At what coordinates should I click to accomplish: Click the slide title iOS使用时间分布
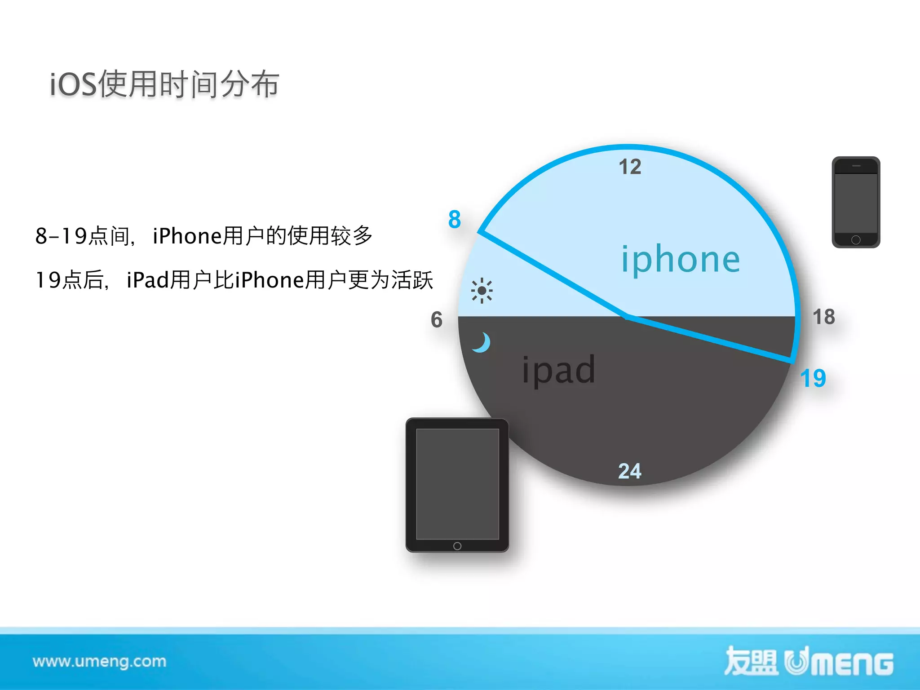[164, 84]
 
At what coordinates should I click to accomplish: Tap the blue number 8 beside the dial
[455, 220]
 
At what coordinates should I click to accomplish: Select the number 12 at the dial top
[630, 167]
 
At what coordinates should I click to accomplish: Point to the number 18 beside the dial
[824, 317]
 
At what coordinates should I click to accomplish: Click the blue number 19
[813, 378]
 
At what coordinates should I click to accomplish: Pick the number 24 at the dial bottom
[629, 471]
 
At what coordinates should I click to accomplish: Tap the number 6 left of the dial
[437, 320]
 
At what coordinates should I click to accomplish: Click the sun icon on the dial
[482, 291]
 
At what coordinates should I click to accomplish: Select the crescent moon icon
[482, 342]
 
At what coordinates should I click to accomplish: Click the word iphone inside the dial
[680, 260]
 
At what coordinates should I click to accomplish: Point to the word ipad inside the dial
[559, 370]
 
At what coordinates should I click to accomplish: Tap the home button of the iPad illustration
[457, 546]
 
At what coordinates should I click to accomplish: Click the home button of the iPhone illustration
[856, 240]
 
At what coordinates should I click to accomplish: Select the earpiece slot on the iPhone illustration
[856, 166]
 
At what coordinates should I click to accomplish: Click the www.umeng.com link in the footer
[99, 661]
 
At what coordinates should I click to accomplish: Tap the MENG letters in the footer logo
[854, 664]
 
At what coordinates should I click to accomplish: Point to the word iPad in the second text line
[147, 280]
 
